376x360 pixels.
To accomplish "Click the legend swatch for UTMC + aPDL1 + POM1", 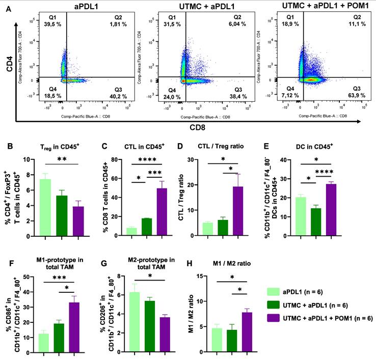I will coord(274,317).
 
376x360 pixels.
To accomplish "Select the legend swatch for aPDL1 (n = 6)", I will coord(274,292).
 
